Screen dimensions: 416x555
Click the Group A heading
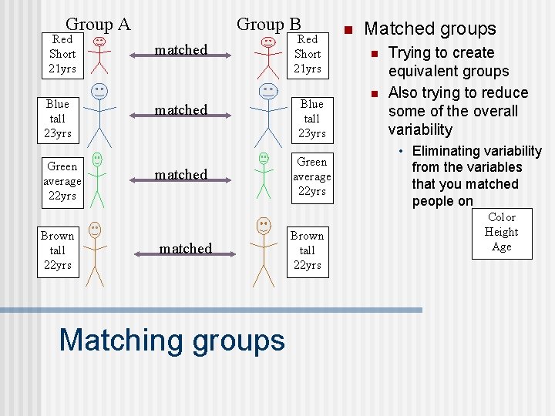(x=98, y=24)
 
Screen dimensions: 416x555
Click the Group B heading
(x=268, y=24)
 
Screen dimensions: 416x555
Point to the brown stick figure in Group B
(x=264, y=250)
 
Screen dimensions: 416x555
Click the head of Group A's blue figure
(x=99, y=92)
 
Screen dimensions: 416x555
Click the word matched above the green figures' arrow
(x=181, y=175)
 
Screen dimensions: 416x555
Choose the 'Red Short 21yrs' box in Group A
(x=62, y=55)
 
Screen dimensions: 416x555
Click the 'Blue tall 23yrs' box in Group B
(x=312, y=119)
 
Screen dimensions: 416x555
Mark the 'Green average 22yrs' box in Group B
(x=312, y=177)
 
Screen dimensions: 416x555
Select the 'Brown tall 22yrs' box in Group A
(x=58, y=250)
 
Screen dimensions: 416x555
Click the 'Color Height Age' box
(x=502, y=232)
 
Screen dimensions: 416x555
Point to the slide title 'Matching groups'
(x=171, y=339)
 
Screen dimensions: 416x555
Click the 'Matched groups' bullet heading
(x=430, y=29)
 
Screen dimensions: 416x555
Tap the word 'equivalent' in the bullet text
(x=449, y=72)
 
